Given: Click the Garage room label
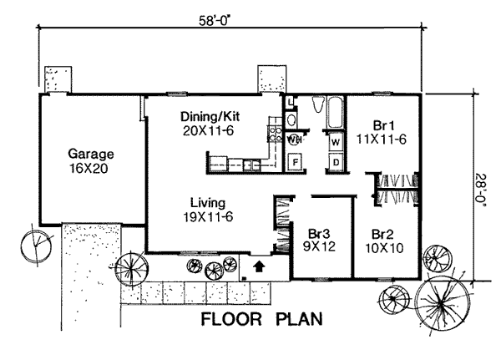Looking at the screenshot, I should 91,155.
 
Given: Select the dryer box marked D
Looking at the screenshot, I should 334,160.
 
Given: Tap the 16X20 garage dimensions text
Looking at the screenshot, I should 91,168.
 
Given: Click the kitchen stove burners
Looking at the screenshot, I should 273,131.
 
